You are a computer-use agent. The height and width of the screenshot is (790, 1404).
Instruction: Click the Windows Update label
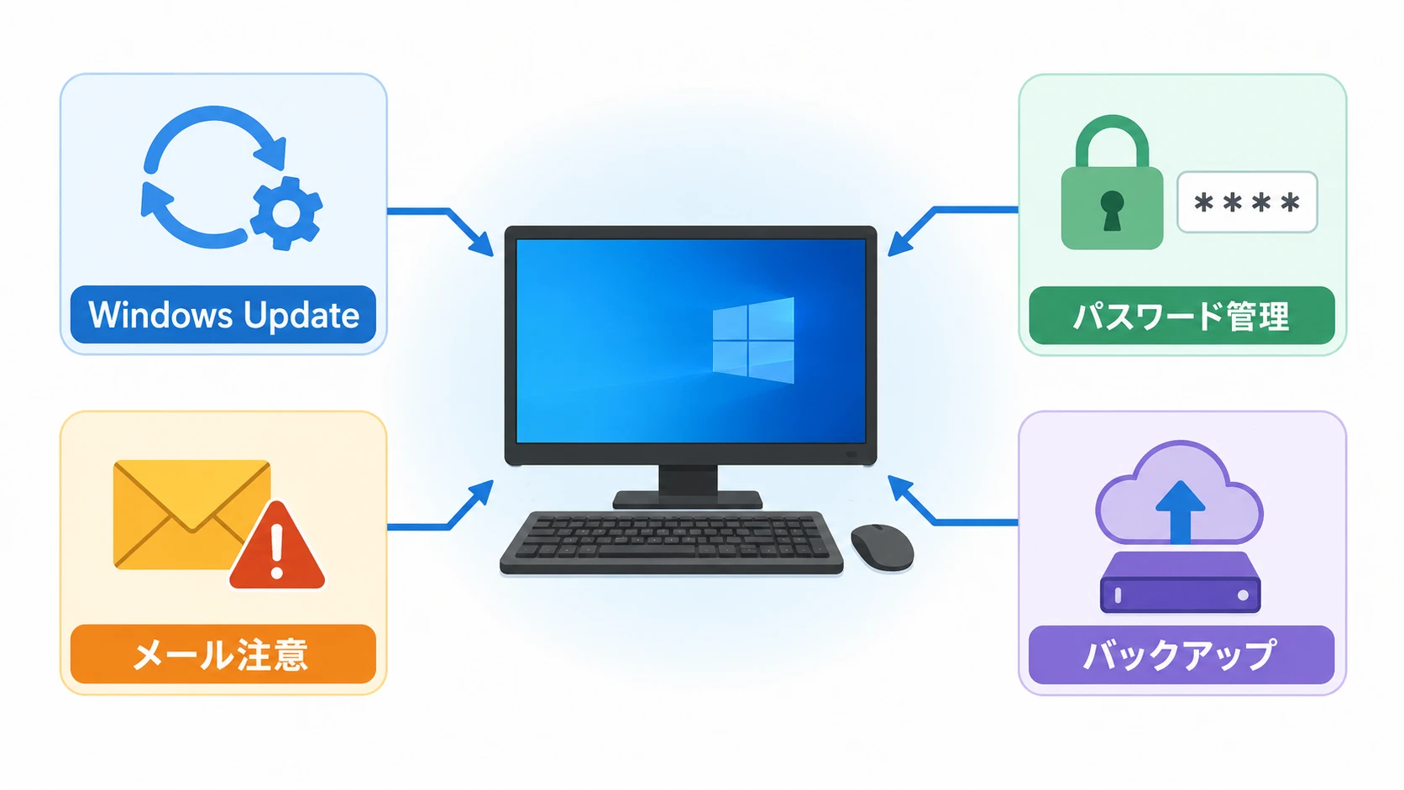tap(223, 315)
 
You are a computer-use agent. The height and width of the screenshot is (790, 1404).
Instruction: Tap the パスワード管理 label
tap(1181, 315)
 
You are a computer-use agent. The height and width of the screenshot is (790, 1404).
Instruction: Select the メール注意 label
tap(223, 654)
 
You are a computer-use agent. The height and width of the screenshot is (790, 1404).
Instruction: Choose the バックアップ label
tap(1181, 655)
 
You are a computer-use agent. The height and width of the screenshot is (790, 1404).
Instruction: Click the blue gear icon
tap(286, 213)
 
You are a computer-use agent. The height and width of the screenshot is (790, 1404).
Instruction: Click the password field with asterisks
tap(1247, 202)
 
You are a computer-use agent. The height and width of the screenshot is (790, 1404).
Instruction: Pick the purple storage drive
tap(1181, 582)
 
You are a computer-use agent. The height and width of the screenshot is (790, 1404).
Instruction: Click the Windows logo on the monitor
tap(753, 339)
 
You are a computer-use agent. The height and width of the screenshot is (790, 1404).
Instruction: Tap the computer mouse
tap(882, 547)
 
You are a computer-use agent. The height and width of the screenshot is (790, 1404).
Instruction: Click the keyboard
tap(671, 542)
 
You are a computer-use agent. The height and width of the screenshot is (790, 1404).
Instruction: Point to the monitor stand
tap(688, 487)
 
